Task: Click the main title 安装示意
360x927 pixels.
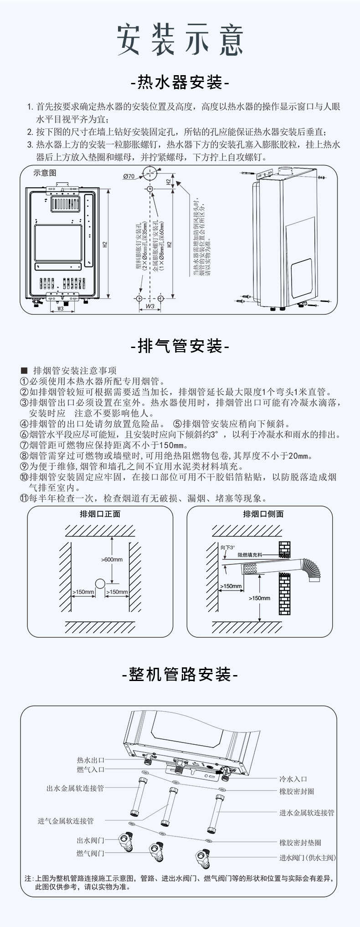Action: (180, 40)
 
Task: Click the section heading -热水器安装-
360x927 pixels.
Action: (180, 83)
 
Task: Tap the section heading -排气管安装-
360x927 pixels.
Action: (180, 346)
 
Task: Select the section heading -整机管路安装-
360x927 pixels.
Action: (180, 675)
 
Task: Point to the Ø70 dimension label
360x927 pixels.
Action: (129, 176)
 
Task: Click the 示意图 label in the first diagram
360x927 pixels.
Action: (45, 173)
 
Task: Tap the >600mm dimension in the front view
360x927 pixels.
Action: (112, 559)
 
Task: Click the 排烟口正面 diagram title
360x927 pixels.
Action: (100, 514)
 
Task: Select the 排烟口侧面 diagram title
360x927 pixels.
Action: (263, 514)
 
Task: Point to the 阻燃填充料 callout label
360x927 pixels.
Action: (250, 555)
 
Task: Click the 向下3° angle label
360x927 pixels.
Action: (227, 547)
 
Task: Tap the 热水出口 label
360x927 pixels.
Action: (91, 760)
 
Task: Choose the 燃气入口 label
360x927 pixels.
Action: (91, 769)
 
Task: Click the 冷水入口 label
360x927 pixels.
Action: (293, 779)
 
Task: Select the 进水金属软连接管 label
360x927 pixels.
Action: (307, 812)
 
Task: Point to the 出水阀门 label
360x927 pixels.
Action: (91, 840)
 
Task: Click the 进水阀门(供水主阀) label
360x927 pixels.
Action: (308, 858)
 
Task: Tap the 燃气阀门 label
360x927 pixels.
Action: (91, 853)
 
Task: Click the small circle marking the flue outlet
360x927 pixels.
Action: (100, 584)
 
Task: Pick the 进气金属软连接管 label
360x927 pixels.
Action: (66, 821)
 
